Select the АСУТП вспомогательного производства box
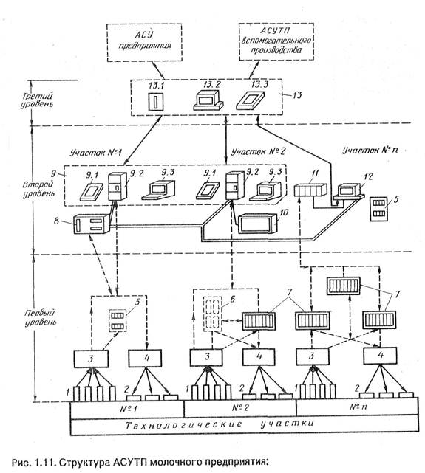point(276,41)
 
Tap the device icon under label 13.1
point(155,102)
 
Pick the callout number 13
point(297,95)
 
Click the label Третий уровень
point(37,100)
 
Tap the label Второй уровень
point(38,189)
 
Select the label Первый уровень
point(40,317)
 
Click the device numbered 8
point(92,224)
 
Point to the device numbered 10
point(259,223)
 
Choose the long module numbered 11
point(310,190)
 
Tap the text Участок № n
point(370,150)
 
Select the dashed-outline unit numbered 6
point(213,314)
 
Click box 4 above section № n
point(380,356)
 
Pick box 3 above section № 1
point(91,359)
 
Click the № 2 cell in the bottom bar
point(240,408)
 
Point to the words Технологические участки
point(220,424)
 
